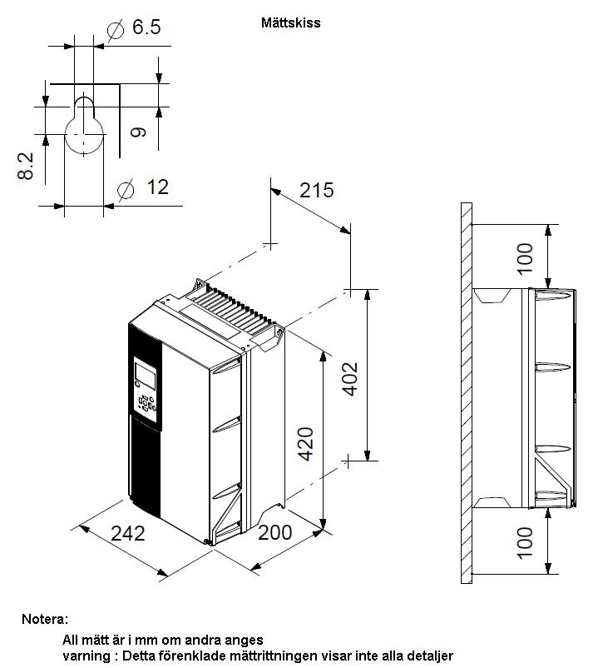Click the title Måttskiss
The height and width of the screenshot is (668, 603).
coord(290,22)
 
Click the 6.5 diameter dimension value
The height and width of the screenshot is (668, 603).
coord(146,27)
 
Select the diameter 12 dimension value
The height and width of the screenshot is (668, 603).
coord(157,187)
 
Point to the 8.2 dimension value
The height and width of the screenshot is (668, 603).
coord(26,166)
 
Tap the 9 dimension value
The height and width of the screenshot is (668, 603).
coord(138,132)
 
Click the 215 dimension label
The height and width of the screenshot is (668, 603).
coord(316,191)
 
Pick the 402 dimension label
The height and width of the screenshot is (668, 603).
coord(350,379)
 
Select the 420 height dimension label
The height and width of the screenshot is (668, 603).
coord(305,444)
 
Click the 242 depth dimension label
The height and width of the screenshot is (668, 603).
coord(127,533)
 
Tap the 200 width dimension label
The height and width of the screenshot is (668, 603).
coord(275,532)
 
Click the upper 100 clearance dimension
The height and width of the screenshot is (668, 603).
coord(525,258)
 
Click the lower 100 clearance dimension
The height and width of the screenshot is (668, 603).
coord(525,543)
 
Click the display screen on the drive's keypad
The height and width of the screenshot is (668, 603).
coord(145,375)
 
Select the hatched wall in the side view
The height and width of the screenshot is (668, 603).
coord(467,393)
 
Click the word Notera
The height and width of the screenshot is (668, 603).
coord(45,619)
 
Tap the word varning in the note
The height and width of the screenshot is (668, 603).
coord(86,656)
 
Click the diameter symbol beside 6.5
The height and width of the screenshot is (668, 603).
coord(116,30)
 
